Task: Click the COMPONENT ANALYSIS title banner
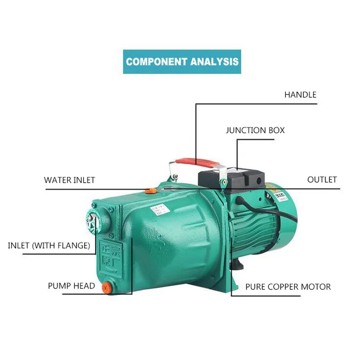[182, 62]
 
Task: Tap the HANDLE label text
[300, 95]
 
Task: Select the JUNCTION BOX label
[255, 130]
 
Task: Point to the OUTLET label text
[322, 180]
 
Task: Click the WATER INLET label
[69, 180]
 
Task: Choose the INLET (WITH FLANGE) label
[49, 246]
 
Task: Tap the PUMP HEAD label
[72, 286]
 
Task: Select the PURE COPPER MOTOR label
[288, 287]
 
